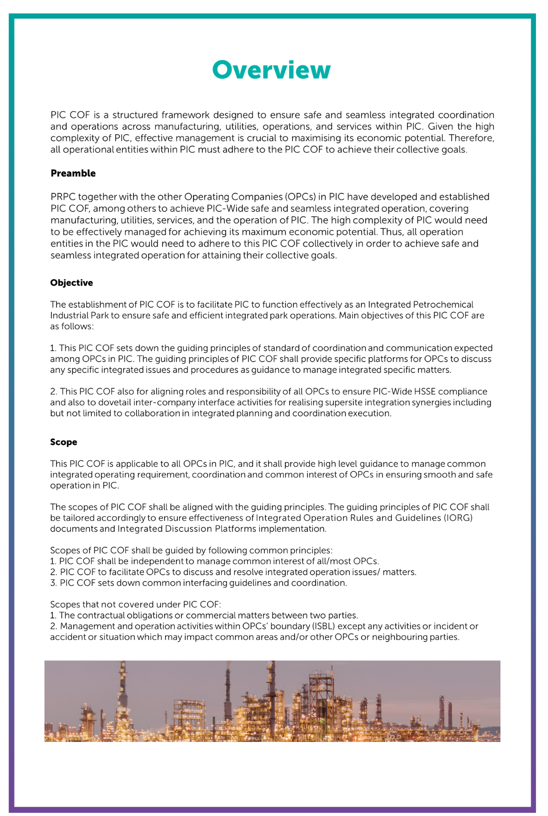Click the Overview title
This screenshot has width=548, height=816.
[x=271, y=70]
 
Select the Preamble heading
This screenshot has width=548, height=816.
[x=73, y=173]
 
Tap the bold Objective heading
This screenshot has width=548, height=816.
[x=71, y=283]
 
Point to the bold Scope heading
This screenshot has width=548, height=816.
[x=63, y=442]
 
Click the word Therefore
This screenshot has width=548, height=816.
[x=471, y=138]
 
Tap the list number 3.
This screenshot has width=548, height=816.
[x=53, y=583]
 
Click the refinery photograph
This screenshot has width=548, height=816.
[x=272, y=701]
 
